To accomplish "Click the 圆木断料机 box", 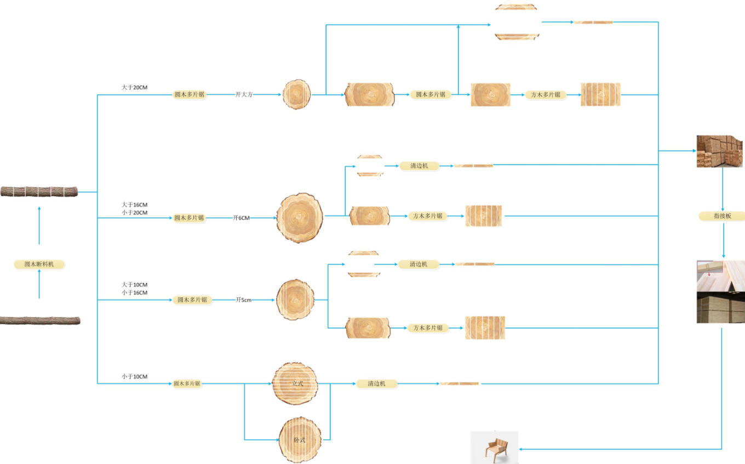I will pyautogui.click(x=39, y=264).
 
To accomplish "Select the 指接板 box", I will pyautogui.click(x=722, y=216).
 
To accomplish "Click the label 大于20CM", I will pyautogui.click(x=135, y=87).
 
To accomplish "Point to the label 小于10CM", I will pyautogui.click(x=134, y=377).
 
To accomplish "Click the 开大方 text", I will pyautogui.click(x=244, y=94).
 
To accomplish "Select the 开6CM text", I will pyautogui.click(x=242, y=218).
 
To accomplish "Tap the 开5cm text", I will pyautogui.click(x=244, y=300).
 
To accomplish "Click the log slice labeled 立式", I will pyautogui.click(x=295, y=383).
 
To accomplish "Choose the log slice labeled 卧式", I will pyautogui.click(x=299, y=439).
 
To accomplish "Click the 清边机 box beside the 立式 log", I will pyautogui.click(x=376, y=383).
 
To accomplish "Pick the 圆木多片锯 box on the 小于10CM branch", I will pyautogui.click(x=187, y=383).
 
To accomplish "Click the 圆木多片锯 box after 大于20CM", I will pyautogui.click(x=190, y=94).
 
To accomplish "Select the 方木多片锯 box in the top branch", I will pyautogui.click(x=546, y=94).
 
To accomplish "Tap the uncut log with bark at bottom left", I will pyautogui.click(x=40, y=320).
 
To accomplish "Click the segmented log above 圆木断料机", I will pyautogui.click(x=39, y=191).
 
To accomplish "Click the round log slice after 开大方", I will pyautogui.click(x=297, y=94).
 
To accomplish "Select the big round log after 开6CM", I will pyautogui.click(x=300, y=218).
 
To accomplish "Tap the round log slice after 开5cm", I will pyautogui.click(x=296, y=300).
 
